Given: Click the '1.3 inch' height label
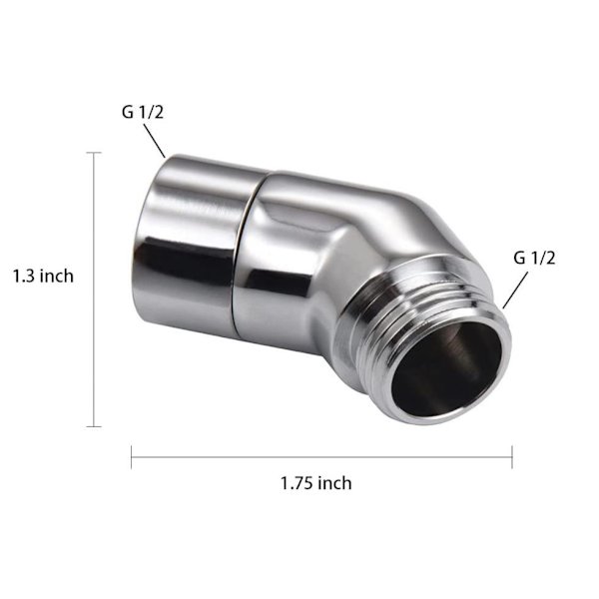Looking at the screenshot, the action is (x=43, y=276).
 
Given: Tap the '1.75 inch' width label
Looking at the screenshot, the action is (x=316, y=483).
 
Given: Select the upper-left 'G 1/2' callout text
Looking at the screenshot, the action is (x=143, y=112).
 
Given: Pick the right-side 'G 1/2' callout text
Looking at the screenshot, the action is (x=534, y=258).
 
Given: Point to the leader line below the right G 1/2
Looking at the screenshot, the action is (x=515, y=290).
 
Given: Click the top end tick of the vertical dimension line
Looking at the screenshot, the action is (x=94, y=153).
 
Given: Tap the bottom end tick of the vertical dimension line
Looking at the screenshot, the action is (x=94, y=426).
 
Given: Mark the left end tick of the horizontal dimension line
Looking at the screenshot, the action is (x=132, y=457).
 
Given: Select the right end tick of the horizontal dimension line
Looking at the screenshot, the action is (x=512, y=457).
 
